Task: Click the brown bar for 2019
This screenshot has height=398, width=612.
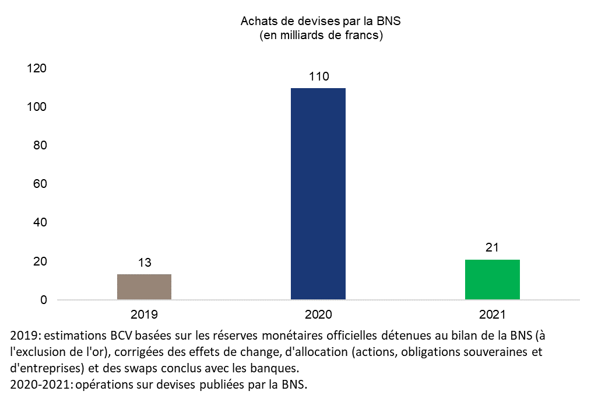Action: (144, 287)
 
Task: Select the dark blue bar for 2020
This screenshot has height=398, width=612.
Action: (318, 194)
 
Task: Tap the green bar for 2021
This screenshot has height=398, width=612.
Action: (492, 280)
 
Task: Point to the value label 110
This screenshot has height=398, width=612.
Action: (319, 76)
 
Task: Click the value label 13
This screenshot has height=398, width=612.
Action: (145, 263)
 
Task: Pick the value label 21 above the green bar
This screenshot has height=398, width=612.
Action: (493, 247)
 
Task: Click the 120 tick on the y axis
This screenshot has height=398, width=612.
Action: (37, 68)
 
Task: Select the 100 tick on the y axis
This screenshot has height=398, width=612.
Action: (37, 107)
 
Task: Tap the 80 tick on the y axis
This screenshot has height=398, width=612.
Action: (40, 145)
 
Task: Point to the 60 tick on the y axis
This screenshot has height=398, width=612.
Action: (40, 184)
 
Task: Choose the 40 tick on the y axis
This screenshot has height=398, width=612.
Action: (40, 222)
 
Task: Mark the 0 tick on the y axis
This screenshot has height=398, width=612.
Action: (43, 300)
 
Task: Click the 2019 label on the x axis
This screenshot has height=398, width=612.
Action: (144, 315)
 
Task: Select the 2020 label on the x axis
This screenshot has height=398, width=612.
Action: (318, 315)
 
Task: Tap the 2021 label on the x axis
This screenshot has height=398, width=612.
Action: (492, 315)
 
